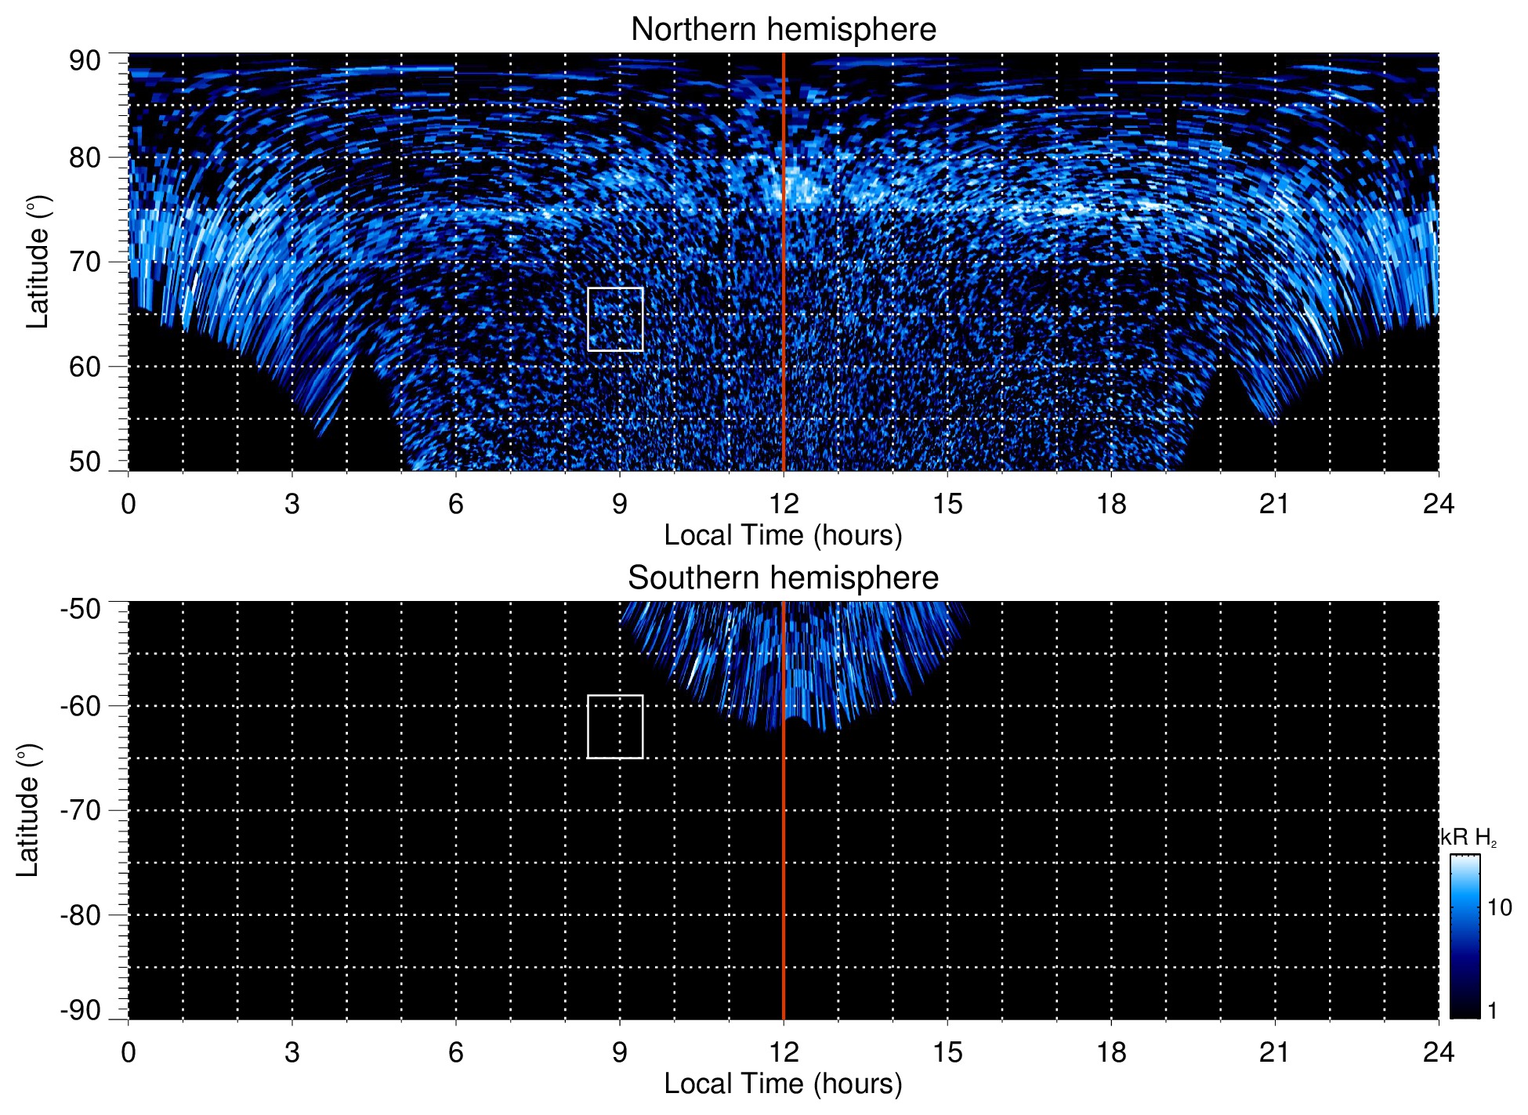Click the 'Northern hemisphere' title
point(783,30)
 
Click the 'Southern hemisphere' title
point(783,578)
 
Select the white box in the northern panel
point(615,319)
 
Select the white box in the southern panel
point(615,726)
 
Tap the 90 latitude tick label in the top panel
point(85,61)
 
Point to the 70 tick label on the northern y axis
point(85,262)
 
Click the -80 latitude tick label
point(81,915)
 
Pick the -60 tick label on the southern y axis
point(81,706)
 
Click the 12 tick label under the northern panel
point(783,503)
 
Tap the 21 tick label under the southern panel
point(1274,1052)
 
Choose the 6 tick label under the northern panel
point(456,503)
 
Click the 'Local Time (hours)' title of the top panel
point(783,535)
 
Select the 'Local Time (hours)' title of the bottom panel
point(783,1084)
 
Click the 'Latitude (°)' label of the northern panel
point(38,262)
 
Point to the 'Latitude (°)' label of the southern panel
point(28,810)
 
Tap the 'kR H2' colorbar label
point(1468,838)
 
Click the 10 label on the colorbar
point(1499,907)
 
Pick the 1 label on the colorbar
point(1492,1011)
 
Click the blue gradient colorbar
point(1465,936)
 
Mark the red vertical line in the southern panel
point(784,862)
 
